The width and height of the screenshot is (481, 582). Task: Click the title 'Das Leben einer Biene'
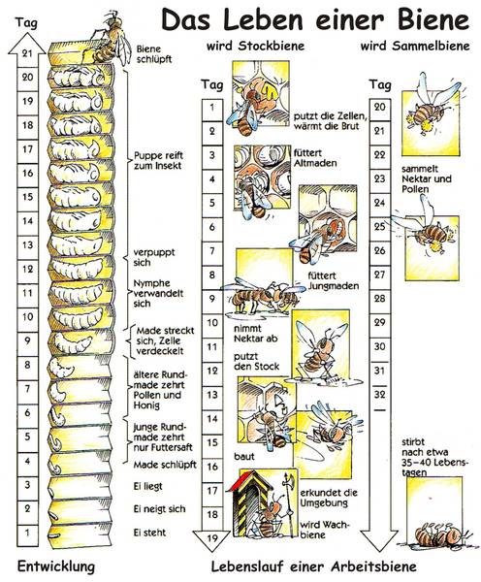(315, 19)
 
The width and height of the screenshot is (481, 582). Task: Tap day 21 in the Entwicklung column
(27, 52)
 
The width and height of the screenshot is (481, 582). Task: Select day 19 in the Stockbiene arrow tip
(212, 537)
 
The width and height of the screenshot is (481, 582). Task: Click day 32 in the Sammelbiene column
(379, 394)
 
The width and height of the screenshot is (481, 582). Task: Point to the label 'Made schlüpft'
(165, 465)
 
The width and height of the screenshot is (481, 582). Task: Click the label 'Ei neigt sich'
(159, 509)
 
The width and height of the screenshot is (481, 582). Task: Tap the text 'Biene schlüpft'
(154, 54)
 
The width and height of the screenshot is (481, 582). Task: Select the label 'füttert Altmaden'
(315, 158)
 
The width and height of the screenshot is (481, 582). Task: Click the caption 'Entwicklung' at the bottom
(56, 566)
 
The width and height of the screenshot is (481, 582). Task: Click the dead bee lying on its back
(438, 534)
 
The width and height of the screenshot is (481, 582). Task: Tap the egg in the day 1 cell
(53, 536)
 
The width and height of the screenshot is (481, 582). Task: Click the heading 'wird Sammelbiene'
(415, 46)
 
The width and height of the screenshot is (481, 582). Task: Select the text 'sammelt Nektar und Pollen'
(427, 178)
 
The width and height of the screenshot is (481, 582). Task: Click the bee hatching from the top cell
(110, 39)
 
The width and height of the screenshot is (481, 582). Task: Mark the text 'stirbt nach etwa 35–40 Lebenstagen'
(435, 457)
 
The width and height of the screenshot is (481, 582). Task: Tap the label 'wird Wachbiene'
(324, 530)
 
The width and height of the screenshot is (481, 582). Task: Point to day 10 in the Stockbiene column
(212, 323)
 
